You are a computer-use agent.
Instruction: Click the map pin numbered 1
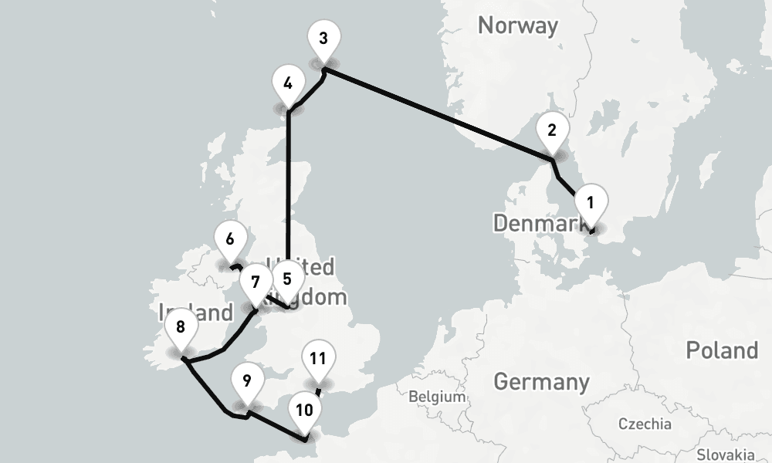[591, 204]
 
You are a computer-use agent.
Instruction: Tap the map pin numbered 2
[552, 130]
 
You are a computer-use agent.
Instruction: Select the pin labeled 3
[323, 39]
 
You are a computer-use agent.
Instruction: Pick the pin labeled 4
[288, 83]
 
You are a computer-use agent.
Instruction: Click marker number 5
[288, 279]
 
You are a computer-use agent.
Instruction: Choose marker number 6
[230, 239]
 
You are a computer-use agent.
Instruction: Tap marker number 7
[255, 281]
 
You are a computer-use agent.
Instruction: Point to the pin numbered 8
[181, 327]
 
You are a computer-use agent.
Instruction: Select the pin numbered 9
[247, 381]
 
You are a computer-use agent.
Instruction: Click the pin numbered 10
[305, 411]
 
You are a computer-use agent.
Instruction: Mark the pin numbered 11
[317, 359]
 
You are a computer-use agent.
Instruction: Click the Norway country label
[517, 25]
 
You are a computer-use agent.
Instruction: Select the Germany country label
[540, 381]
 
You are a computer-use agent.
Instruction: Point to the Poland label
[722, 350]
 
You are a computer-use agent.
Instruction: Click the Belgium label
[438, 397]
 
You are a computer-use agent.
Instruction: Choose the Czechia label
[645, 424]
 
